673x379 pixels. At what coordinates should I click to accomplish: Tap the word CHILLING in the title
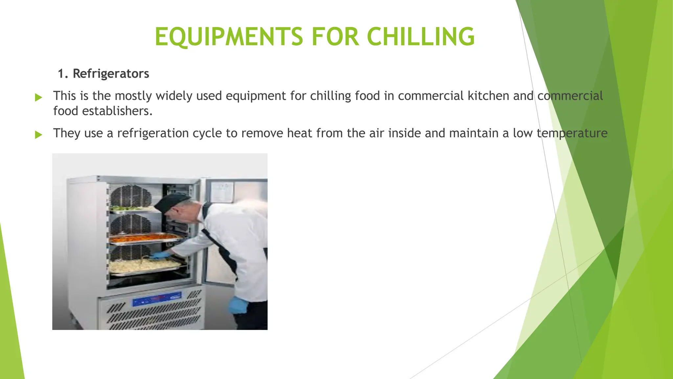(421, 36)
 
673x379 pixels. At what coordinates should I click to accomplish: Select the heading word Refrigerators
(111, 74)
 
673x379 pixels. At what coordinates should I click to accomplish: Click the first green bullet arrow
(38, 97)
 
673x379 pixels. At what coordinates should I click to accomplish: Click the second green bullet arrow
(38, 135)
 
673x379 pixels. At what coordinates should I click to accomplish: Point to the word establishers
(117, 111)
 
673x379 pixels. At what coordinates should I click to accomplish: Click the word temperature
(572, 133)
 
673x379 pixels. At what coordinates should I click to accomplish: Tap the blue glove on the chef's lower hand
(238, 305)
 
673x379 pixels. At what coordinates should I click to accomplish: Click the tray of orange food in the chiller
(145, 238)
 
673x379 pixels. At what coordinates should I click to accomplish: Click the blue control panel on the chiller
(157, 299)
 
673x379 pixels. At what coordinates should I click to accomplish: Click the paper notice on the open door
(222, 192)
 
